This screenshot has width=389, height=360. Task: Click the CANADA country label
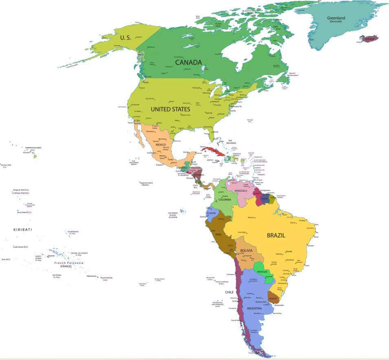click(x=188, y=62)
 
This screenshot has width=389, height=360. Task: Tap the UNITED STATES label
click(x=170, y=109)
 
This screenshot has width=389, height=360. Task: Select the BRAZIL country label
click(x=276, y=235)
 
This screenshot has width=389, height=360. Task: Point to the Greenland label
click(x=336, y=18)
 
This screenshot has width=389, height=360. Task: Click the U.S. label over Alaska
click(x=126, y=38)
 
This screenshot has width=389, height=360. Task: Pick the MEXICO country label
click(x=161, y=145)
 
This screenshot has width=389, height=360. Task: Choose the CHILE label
click(x=229, y=292)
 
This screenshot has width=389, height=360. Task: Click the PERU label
click(x=218, y=234)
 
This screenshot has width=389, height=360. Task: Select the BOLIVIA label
click(x=246, y=251)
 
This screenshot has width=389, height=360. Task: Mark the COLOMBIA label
click(x=225, y=199)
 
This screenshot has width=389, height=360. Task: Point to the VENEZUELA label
click(x=241, y=191)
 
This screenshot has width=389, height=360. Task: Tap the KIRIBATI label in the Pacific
click(x=22, y=230)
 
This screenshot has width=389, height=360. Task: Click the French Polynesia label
click(x=69, y=263)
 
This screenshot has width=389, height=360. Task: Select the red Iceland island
click(x=369, y=39)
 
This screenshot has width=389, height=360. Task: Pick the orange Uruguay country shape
click(x=272, y=297)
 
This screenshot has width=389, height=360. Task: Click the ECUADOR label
click(x=211, y=213)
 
